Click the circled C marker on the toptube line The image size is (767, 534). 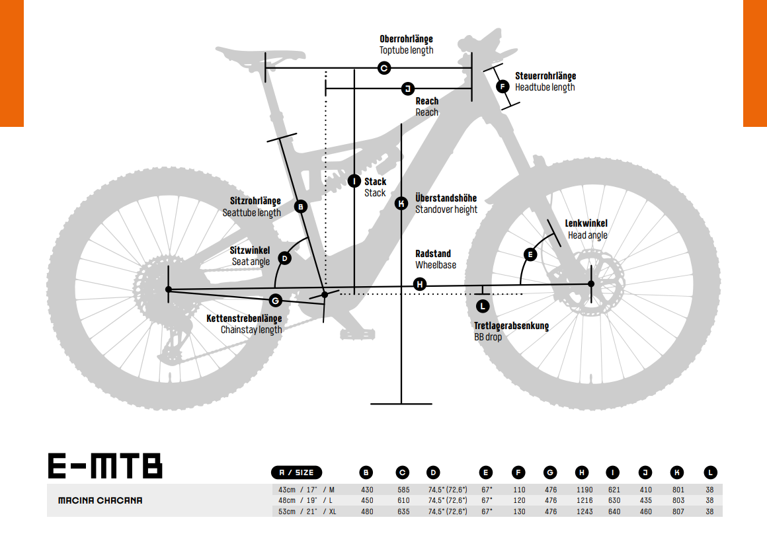(384, 68)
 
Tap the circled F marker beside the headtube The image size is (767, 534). (503, 87)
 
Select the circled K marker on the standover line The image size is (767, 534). (401, 204)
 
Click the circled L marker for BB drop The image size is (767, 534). (482, 306)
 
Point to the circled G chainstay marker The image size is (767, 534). (276, 300)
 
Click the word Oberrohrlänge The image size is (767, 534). (406, 38)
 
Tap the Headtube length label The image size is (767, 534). (544, 87)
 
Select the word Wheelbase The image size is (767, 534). (435, 265)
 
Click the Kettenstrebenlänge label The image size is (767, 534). (244, 319)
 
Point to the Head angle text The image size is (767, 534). (587, 235)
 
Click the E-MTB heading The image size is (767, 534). (105, 466)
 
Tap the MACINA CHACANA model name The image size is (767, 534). (101, 500)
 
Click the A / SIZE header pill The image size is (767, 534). (296, 473)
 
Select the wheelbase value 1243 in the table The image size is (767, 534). (584, 512)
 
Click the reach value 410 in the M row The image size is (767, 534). (646, 490)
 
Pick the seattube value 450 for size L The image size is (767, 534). (367, 500)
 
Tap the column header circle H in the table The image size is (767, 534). (582, 473)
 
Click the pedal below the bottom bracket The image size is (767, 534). (358, 334)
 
